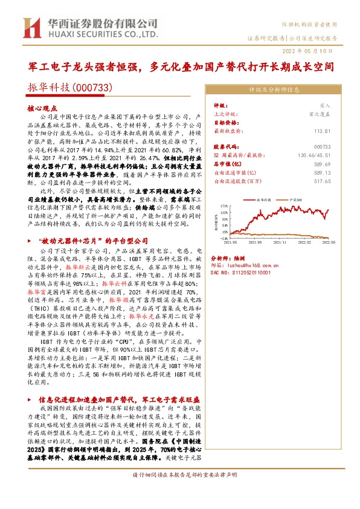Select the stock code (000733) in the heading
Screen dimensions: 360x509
click(x=91, y=88)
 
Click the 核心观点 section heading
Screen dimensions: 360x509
click(x=39, y=106)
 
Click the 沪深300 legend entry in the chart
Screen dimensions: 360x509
click(x=295, y=198)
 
